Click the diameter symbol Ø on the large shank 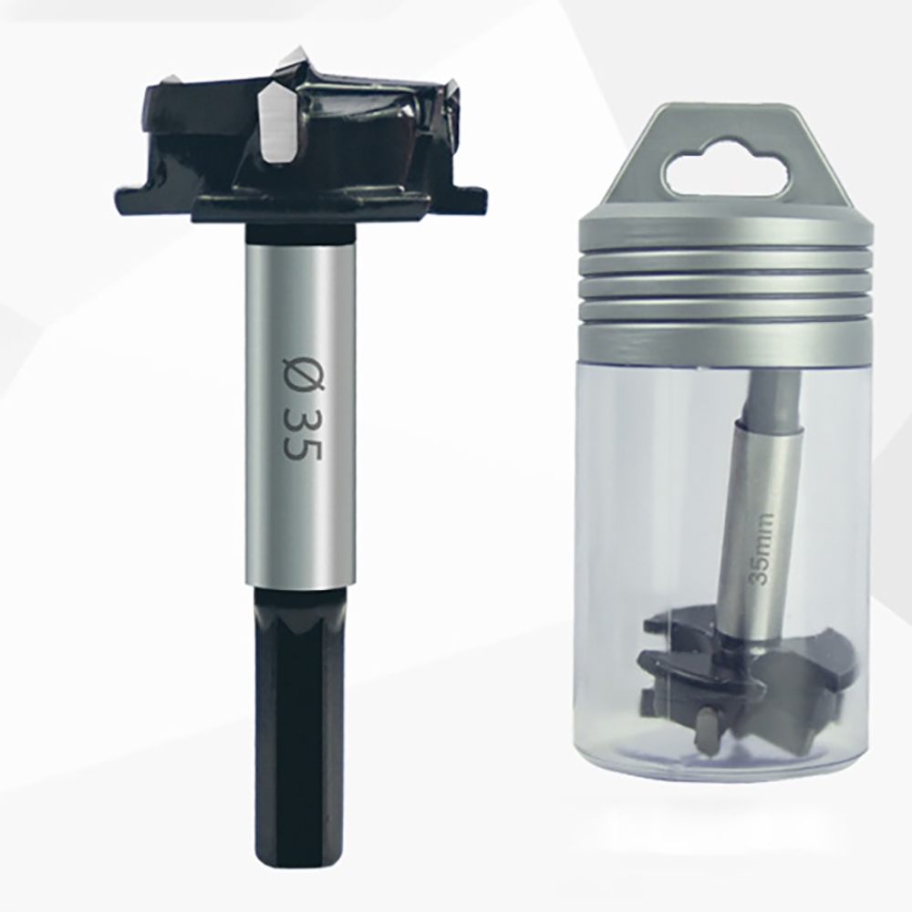[x=302, y=370]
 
